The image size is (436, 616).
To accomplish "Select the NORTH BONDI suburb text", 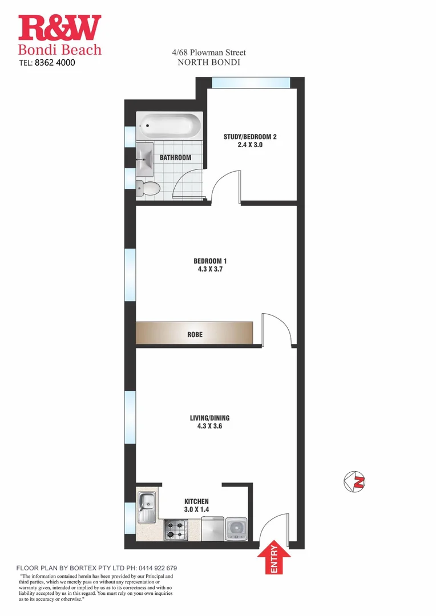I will (x=209, y=62).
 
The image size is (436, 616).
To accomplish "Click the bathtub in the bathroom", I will (x=169, y=124).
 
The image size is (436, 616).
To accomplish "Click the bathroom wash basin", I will (x=144, y=157).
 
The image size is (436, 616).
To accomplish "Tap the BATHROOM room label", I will (x=175, y=157).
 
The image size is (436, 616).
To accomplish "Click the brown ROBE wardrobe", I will (x=194, y=333).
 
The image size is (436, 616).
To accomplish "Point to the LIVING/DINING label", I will (x=210, y=418).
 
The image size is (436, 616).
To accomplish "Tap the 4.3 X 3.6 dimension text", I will (x=210, y=427).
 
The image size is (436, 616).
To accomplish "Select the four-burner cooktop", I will (x=177, y=529).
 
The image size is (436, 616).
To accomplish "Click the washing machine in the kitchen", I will (x=235, y=529).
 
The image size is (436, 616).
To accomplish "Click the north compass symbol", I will (x=355, y=481).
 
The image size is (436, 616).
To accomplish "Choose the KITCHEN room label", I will (x=196, y=501).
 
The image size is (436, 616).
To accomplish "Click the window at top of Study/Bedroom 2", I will (x=251, y=83).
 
